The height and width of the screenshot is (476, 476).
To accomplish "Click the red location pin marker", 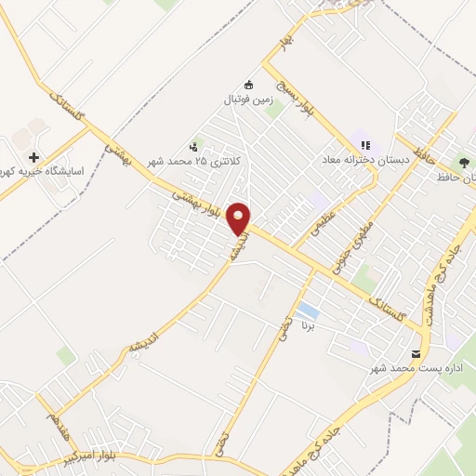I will pyautogui.click(x=240, y=217).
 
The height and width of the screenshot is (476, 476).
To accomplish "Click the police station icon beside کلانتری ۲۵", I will pyautogui.click(x=193, y=146).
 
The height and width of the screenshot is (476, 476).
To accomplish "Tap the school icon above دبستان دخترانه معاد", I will pyautogui.click(x=366, y=146).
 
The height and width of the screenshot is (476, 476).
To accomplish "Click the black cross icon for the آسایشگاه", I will pyautogui.click(x=34, y=158).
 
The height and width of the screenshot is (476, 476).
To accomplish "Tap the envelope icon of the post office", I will pyautogui.click(x=415, y=354).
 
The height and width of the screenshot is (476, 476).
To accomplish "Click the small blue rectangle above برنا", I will pyautogui.click(x=308, y=311).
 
